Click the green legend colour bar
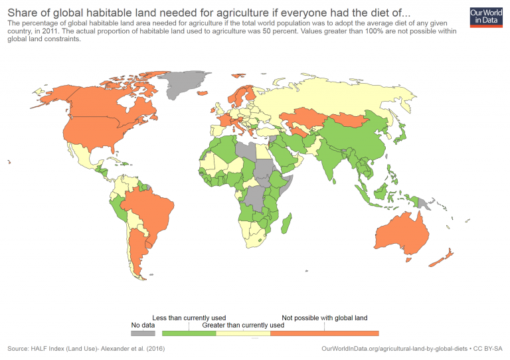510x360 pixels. point(190,333)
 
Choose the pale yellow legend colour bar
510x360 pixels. point(243,333)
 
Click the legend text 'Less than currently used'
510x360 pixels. point(190,318)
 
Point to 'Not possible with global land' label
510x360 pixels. point(325,318)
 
